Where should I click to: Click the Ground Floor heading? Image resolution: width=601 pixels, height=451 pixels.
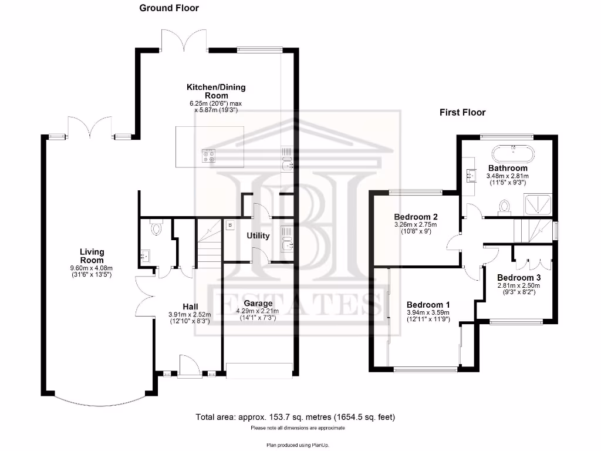(x=169, y=8)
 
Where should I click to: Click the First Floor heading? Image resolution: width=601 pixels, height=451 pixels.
(x=462, y=112)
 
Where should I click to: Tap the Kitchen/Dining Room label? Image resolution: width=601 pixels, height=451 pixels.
(x=216, y=91)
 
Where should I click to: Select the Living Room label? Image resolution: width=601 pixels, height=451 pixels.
(x=92, y=256)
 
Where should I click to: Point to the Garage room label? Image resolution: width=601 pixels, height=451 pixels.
(x=258, y=304)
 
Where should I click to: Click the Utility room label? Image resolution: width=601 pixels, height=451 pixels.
(x=258, y=236)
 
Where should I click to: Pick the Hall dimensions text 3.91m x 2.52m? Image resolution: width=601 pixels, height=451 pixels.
(x=190, y=314)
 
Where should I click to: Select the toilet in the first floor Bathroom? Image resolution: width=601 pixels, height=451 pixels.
(x=504, y=206)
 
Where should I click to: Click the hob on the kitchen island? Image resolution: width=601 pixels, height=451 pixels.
(x=210, y=156)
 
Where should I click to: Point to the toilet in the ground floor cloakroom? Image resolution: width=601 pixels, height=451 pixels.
(x=156, y=228)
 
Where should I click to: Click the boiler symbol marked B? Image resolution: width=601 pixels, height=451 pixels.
(x=230, y=224)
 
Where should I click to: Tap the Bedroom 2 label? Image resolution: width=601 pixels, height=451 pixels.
(x=416, y=216)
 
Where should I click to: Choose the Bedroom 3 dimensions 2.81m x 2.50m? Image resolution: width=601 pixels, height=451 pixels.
(x=518, y=286)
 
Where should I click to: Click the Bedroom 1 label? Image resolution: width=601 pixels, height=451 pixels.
(x=428, y=305)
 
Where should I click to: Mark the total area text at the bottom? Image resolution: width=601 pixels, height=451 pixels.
(x=295, y=418)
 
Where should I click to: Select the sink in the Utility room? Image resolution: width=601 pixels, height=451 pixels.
(x=286, y=238)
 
